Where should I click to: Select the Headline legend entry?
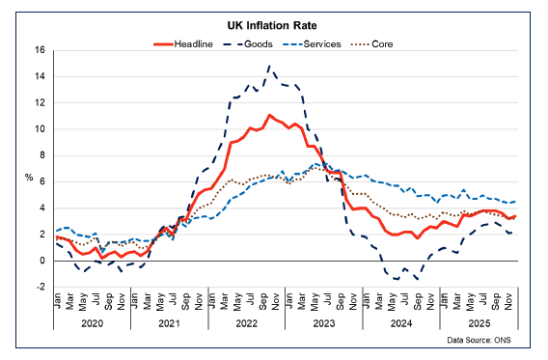click(x=187, y=42)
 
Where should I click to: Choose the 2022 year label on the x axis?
click(x=248, y=325)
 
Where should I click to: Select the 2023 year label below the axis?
click(x=324, y=325)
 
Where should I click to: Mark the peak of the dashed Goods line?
click(x=269, y=66)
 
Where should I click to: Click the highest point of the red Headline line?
click(x=269, y=115)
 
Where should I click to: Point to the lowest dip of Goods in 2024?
click(x=418, y=279)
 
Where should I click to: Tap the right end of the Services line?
click(x=517, y=201)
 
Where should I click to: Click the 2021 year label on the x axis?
click(x=171, y=325)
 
